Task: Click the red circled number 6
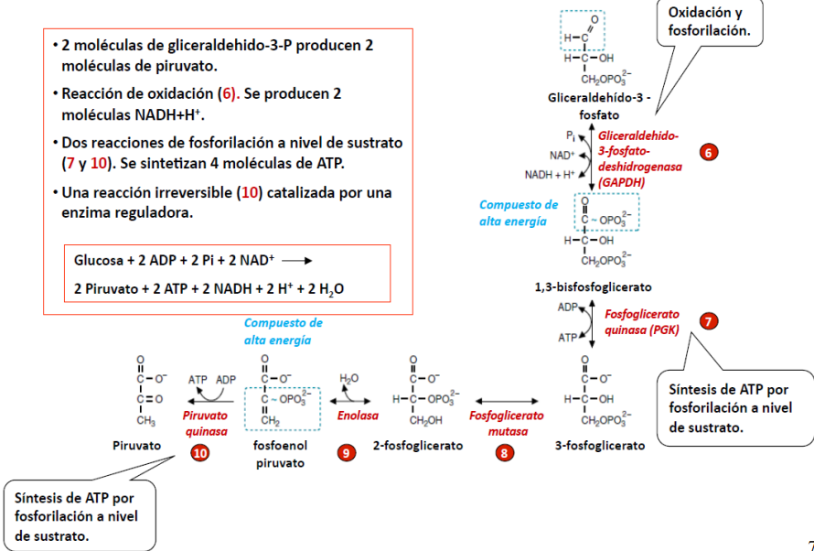tap(709, 153)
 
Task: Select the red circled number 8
tap(502, 452)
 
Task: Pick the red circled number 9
tap(346, 452)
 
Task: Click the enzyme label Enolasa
tap(357, 415)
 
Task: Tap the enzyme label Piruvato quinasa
tap(207, 423)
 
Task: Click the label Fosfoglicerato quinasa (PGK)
tap(641, 321)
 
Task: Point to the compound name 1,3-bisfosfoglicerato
tap(593, 286)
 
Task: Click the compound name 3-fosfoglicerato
tap(600, 445)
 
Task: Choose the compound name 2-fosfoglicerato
tap(418, 445)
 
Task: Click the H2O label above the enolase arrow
tap(348, 378)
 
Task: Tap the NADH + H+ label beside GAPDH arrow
tap(550, 174)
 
